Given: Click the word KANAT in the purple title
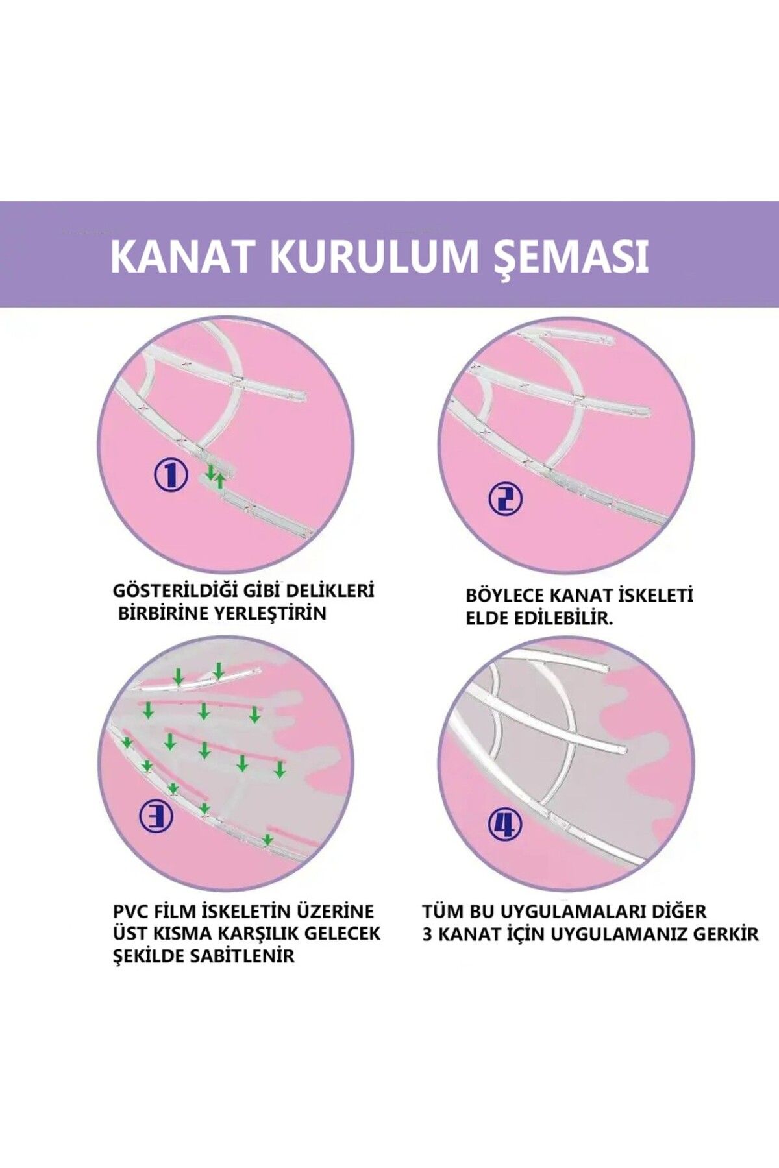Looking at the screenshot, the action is (181, 256).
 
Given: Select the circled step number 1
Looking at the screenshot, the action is (171, 476).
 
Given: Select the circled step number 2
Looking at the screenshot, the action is (505, 499).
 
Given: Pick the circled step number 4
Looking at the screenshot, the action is (505, 824).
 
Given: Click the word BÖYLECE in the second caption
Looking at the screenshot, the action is (505, 596).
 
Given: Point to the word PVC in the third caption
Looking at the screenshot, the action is (131, 912).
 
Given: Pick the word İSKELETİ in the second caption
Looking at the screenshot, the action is (655, 596).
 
